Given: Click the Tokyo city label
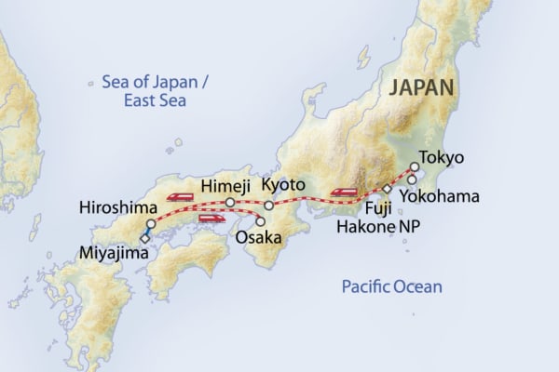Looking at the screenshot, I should coord(442,157).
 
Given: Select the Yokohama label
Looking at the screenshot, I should coord(439,196).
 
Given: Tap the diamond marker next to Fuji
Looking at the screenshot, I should coord(388,189).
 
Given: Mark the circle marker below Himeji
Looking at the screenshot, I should coord(230,202).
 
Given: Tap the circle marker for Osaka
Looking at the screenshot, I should coord(259,221).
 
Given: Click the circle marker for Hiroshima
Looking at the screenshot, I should coord(149,224).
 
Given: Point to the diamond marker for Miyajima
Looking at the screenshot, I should coord(144,238).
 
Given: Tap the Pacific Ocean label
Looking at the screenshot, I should coord(389,286).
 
